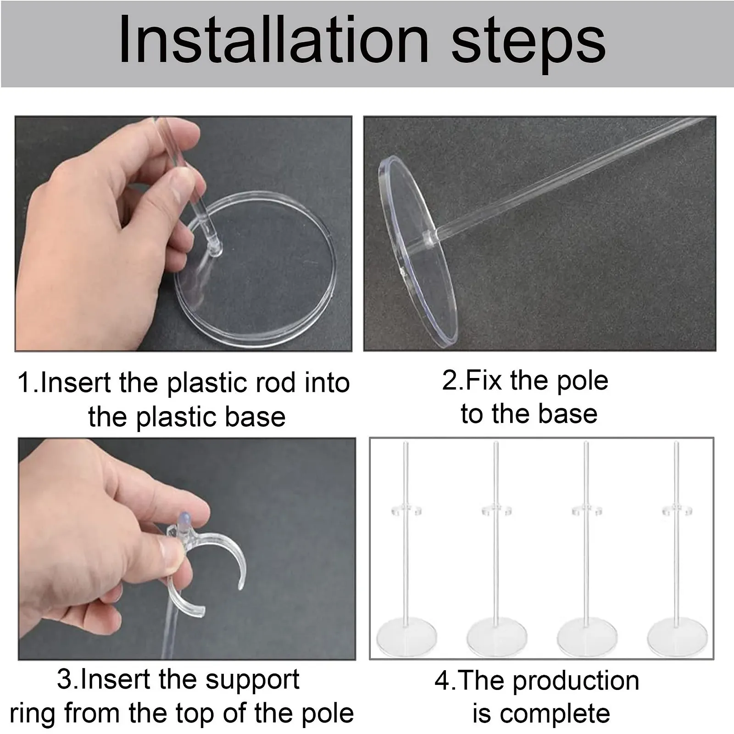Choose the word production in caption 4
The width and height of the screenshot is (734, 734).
(576, 681)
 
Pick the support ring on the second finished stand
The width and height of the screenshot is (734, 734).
(496, 510)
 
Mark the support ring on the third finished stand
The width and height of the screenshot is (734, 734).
(586, 510)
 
